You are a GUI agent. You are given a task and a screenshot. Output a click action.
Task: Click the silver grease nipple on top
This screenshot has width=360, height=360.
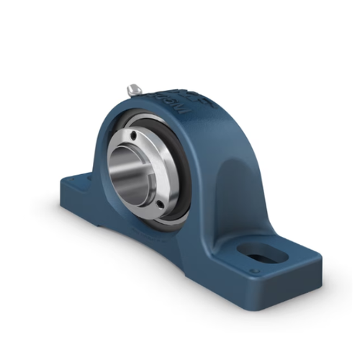134,89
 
